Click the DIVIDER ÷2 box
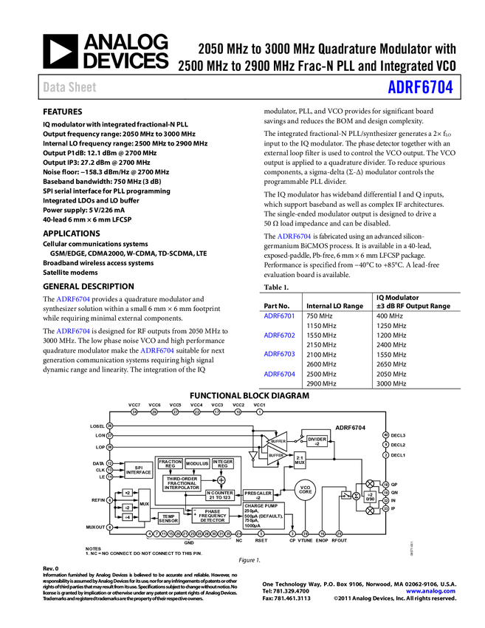pos(317,440)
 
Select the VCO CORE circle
pos(306,489)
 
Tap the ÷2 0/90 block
pos(370,497)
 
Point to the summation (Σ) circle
pos(356,496)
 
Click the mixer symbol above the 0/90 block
pos(370,483)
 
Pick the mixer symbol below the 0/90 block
pos(370,511)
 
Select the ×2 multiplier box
pos(127,493)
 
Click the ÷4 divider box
pos(127,517)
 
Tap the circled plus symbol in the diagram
pos(221,480)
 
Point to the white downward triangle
pos(253,456)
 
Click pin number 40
pos(385,435)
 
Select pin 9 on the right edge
pos(385,444)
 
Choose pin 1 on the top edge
pos(260,412)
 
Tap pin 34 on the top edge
pos(134,412)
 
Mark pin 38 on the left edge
pos(109,426)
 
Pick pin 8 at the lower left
pos(109,528)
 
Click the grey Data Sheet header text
pos(70,87)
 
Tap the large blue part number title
pos(420,87)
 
